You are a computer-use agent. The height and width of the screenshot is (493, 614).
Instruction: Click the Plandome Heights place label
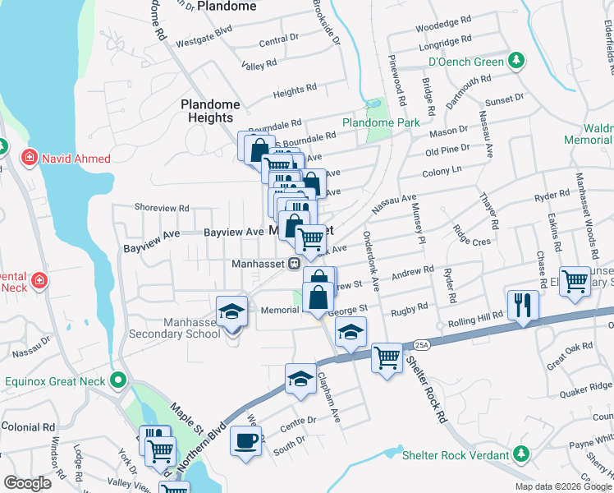pyautogui.click(x=210, y=111)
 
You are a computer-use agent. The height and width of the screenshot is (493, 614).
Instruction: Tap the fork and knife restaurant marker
pyautogui.click(x=523, y=304)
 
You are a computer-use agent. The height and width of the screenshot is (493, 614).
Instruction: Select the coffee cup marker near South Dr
pyautogui.click(x=245, y=441)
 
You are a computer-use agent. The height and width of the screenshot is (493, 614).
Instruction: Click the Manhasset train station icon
pyautogui.click(x=292, y=264)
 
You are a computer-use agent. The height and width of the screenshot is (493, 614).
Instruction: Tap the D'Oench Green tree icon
pyautogui.click(x=515, y=61)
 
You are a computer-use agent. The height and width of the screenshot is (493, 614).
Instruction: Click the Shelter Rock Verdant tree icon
pyautogui.click(x=519, y=454)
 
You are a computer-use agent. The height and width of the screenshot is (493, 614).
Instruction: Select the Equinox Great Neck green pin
pyautogui.click(x=119, y=381)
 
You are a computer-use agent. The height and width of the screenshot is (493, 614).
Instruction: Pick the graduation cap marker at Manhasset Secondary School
pyautogui.click(x=231, y=311)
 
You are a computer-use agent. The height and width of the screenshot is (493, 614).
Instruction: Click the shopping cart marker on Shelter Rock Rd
pyautogui.click(x=386, y=357)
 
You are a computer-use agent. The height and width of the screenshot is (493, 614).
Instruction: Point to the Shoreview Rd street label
pyautogui.click(x=162, y=208)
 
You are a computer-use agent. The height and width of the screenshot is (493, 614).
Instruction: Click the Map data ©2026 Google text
pyautogui.click(x=562, y=486)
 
